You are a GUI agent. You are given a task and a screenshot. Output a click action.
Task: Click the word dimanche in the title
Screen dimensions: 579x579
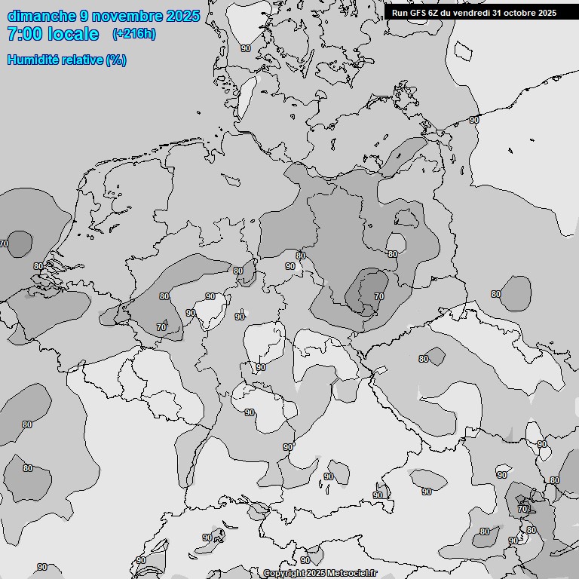tap(41, 16)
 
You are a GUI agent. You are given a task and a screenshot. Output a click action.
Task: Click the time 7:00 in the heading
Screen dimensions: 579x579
tap(23, 34)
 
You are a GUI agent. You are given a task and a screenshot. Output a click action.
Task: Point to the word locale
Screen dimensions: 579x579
tap(73, 34)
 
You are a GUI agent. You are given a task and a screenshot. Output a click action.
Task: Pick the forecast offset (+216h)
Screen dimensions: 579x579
tap(134, 34)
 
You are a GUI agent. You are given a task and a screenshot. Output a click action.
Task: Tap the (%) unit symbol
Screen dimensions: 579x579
tap(116, 60)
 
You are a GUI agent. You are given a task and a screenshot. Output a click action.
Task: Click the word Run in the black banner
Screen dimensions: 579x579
tap(400, 12)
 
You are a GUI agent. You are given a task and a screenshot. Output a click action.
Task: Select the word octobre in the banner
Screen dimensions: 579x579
tap(520, 12)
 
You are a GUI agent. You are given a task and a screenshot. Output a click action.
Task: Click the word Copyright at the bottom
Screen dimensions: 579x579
tap(284, 574)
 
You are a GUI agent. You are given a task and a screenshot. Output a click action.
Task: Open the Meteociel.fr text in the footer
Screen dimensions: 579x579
tap(351, 574)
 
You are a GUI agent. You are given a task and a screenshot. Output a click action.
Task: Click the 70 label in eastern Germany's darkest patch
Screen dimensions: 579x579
tap(378, 296)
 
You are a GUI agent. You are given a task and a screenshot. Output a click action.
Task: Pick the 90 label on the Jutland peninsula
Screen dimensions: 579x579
tap(246, 48)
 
